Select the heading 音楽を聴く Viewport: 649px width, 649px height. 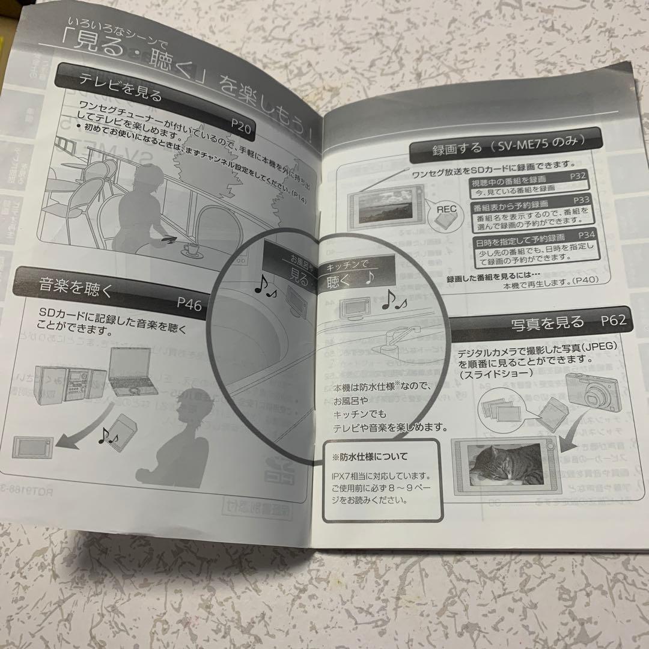coord(76,285)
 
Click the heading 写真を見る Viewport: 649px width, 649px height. coord(547,323)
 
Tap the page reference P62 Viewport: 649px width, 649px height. coord(613,320)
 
